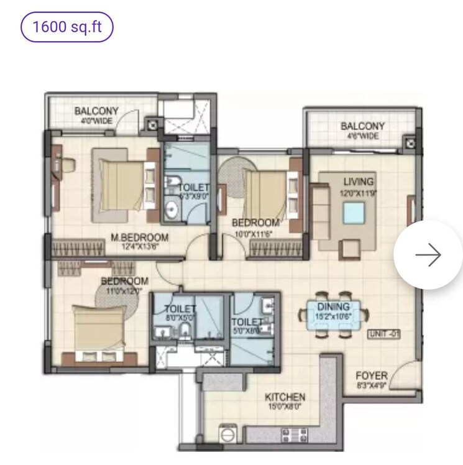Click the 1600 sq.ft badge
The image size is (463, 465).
point(67,27)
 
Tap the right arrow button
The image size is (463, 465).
point(428,255)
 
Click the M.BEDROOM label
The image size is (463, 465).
point(140,237)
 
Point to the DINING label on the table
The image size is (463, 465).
point(333,306)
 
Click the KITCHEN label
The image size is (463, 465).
point(285,397)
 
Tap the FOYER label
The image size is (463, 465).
point(372,376)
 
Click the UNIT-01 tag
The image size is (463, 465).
point(383,334)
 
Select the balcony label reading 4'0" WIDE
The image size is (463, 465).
point(96,121)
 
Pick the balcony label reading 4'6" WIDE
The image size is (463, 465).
point(362,136)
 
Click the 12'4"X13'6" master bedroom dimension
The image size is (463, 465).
point(140,246)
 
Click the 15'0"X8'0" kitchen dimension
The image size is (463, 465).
point(285,407)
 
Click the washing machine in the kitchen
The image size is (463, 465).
point(227,432)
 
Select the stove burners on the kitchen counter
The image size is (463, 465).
point(291,433)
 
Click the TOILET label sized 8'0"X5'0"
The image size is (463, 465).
point(179,309)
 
